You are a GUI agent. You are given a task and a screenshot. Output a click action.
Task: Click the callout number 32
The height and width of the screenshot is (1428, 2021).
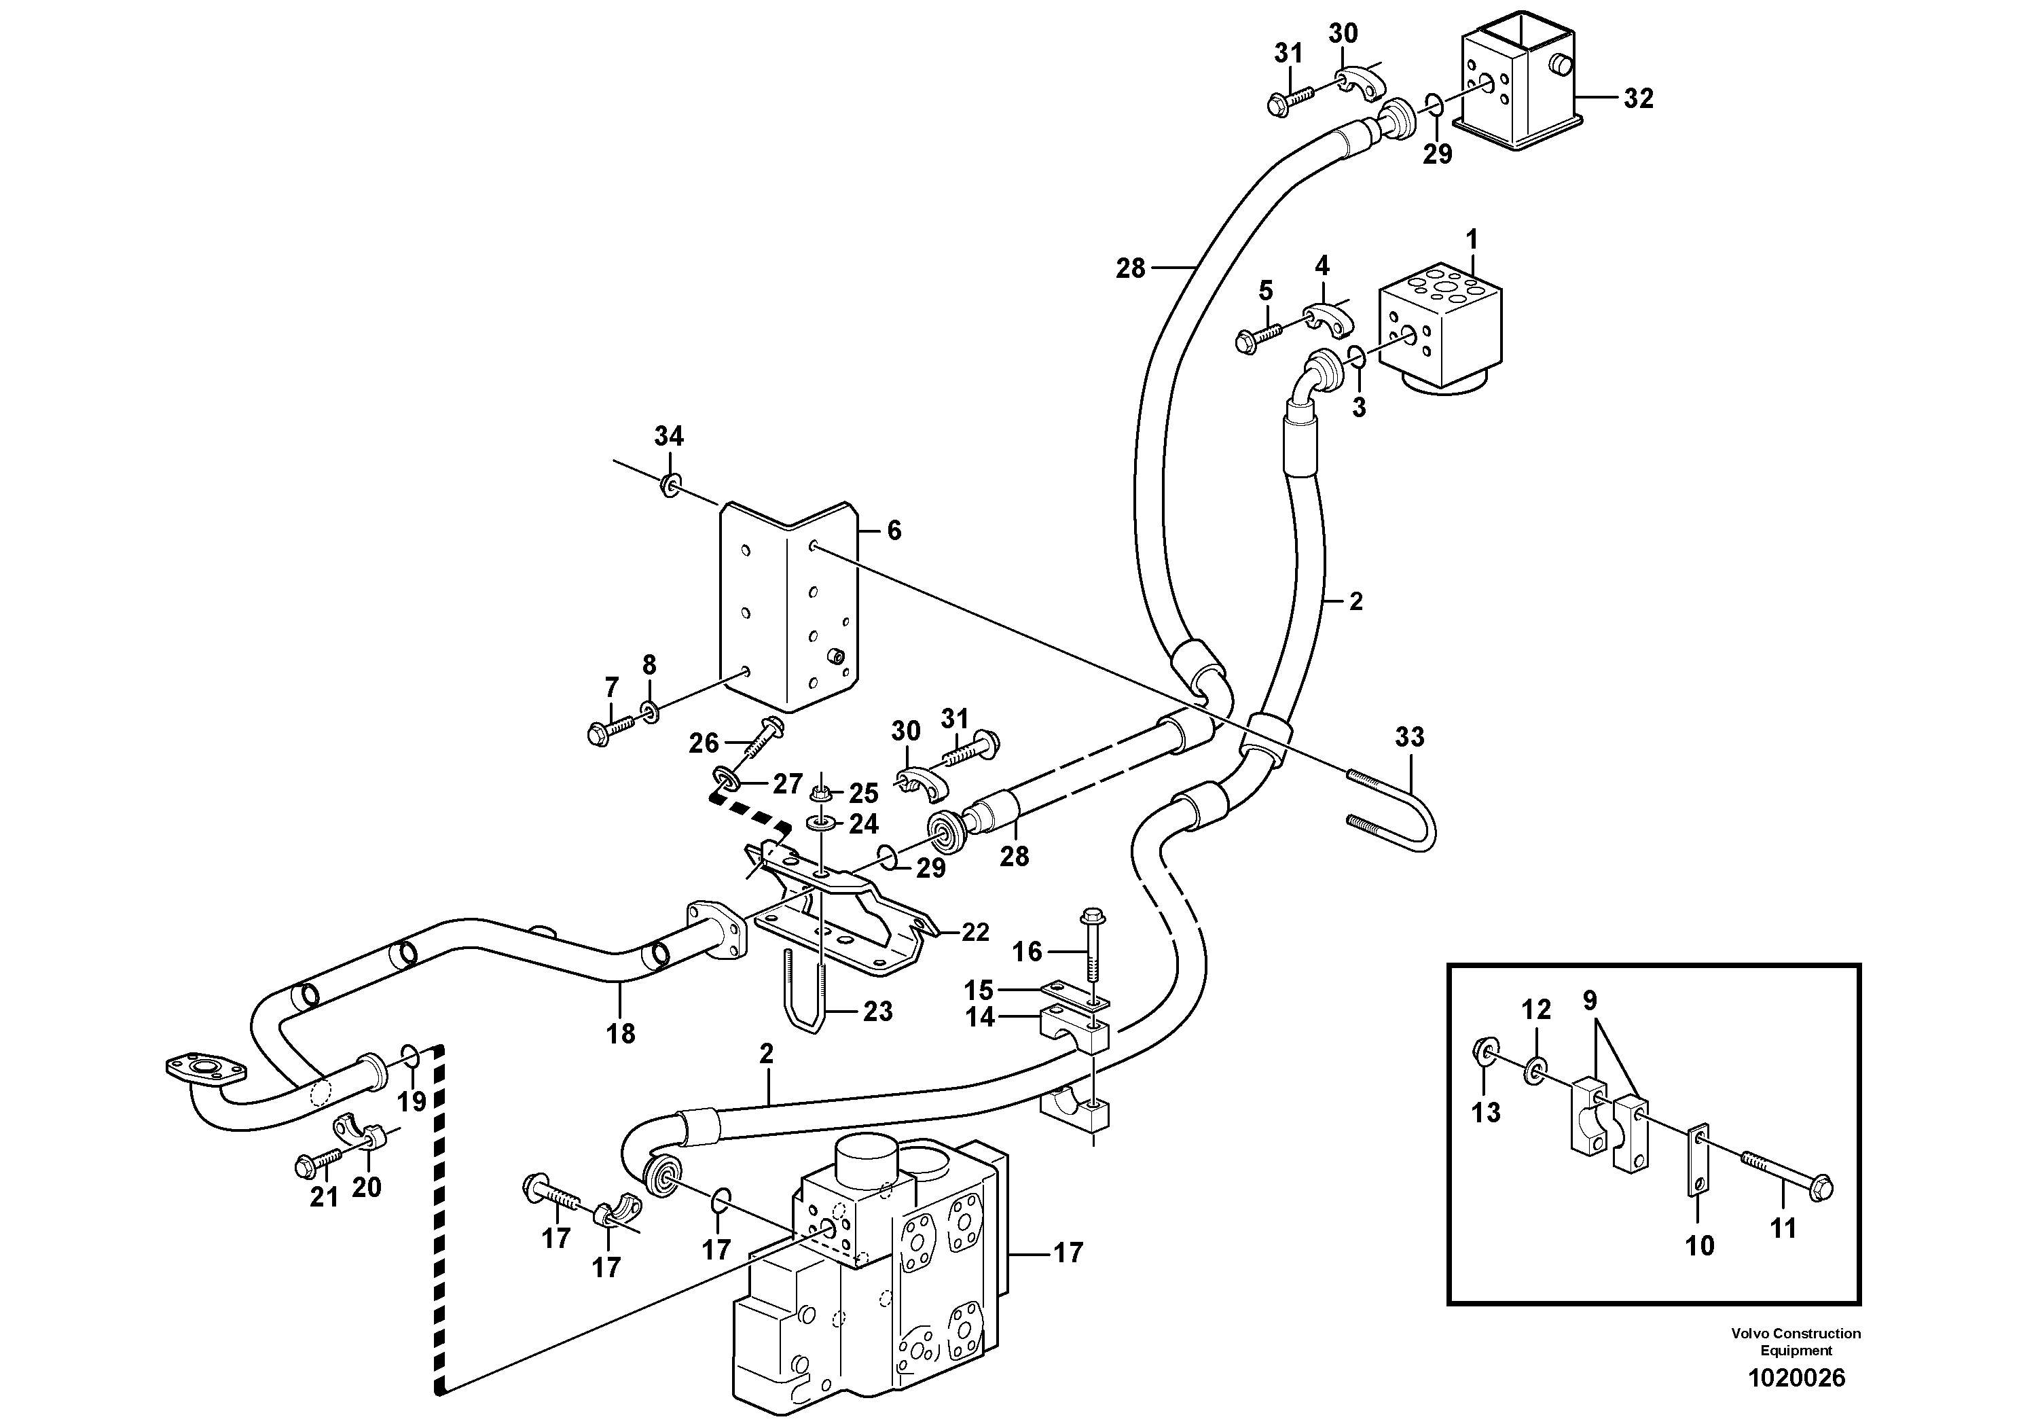[1638, 99]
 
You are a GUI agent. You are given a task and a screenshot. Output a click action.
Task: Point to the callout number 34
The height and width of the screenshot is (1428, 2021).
[668, 435]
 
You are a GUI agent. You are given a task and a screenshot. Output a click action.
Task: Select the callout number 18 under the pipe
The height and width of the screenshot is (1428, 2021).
[621, 1033]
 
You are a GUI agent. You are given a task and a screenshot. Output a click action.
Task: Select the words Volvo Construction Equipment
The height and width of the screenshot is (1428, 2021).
[1796, 1342]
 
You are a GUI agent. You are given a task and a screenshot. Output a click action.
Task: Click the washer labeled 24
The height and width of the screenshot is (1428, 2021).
[820, 824]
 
